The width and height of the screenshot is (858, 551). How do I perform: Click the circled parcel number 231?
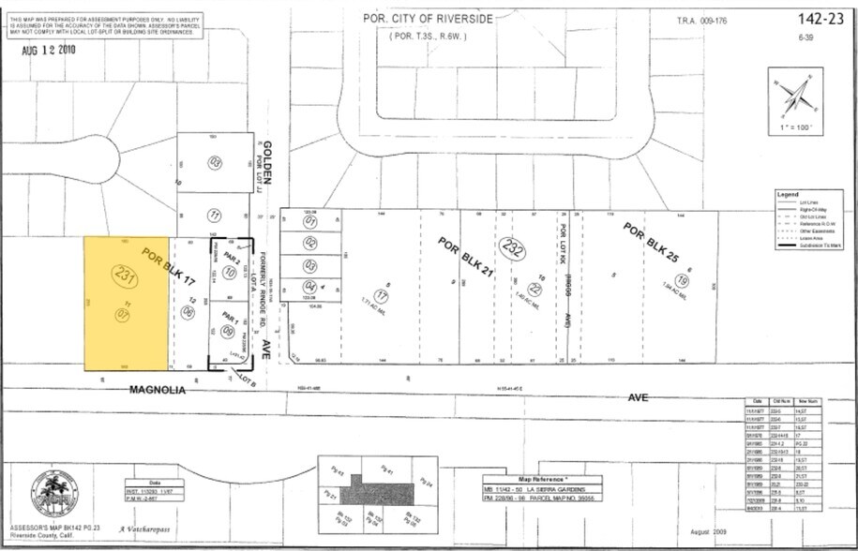[124, 275]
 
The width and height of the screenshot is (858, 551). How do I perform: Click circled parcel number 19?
[682, 280]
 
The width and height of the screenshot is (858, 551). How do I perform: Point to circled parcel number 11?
[214, 215]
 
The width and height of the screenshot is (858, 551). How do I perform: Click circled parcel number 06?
[188, 312]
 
